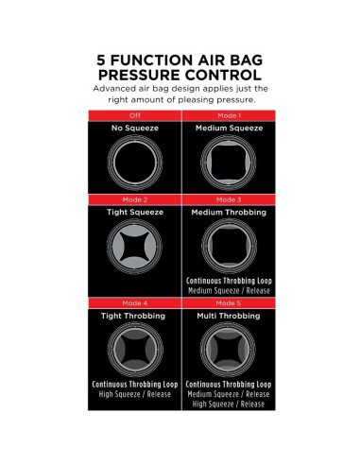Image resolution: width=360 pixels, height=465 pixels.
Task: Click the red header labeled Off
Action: (135, 115)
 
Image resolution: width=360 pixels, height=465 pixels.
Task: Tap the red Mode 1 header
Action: (229, 115)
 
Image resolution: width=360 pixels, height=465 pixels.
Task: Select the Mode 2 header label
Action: (135, 199)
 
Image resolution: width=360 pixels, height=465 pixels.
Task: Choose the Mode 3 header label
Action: (229, 199)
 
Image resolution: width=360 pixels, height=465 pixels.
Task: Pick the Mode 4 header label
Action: (135, 303)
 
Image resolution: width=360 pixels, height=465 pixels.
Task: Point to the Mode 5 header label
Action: (229, 303)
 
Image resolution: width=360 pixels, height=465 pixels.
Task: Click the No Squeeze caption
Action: (135, 129)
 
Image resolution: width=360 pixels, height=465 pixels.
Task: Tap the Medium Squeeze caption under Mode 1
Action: (229, 129)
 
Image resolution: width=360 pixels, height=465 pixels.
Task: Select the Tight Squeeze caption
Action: (135, 213)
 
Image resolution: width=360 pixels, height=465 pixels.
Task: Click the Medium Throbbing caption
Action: (229, 213)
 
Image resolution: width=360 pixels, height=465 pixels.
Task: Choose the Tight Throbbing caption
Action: (133, 316)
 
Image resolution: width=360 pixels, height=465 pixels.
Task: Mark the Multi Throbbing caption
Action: (229, 316)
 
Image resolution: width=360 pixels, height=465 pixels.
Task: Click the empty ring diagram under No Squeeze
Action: (135, 136)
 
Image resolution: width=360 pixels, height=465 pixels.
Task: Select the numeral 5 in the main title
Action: (101, 60)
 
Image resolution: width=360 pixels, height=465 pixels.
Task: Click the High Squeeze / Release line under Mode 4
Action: (135, 394)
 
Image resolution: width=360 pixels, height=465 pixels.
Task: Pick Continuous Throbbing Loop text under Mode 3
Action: (229, 281)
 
